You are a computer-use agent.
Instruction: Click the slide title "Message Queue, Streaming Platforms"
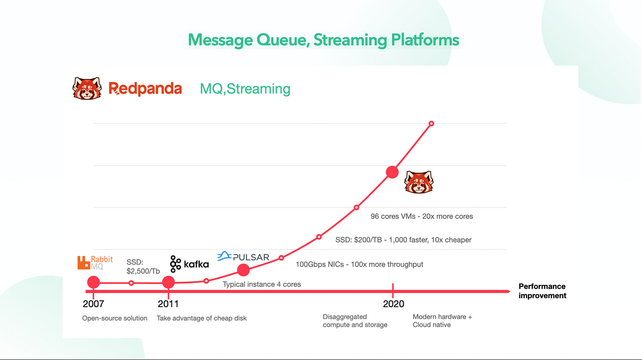[323, 41]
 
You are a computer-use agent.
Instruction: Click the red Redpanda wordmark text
[145, 89]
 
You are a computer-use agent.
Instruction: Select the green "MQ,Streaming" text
[245, 89]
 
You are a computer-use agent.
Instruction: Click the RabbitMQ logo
[95, 263]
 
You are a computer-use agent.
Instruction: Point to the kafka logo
[189, 264]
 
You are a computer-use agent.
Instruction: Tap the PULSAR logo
[243, 256]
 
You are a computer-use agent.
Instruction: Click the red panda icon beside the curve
[418, 182]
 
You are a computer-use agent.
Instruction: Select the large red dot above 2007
[93, 282]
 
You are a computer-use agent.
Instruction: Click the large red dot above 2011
[168, 282]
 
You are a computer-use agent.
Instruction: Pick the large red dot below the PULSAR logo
[243, 270]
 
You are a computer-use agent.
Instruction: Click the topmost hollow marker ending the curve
[431, 123]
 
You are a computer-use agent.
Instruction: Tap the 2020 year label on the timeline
[393, 304]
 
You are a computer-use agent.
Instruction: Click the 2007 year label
[93, 304]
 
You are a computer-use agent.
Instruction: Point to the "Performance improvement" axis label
[542, 291]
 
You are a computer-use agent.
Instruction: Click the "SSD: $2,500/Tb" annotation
[143, 266]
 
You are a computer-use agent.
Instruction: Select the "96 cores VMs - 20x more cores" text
[422, 216]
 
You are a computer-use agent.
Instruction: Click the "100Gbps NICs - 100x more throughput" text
[359, 264]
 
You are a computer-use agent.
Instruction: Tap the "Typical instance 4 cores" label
[261, 285]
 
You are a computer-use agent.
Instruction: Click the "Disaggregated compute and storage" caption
[355, 321]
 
